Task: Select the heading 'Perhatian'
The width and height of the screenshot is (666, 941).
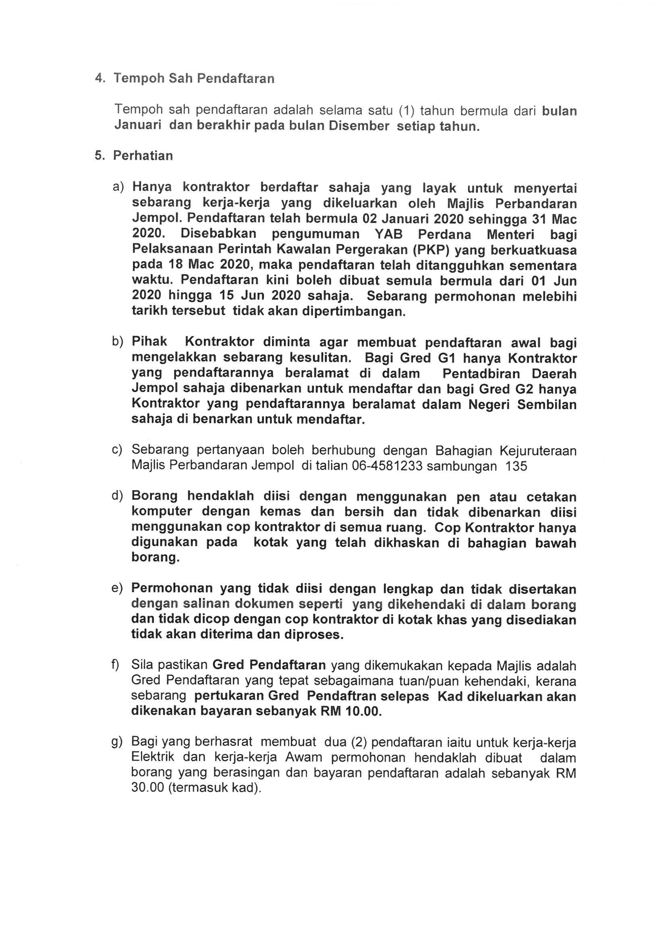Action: [x=143, y=156]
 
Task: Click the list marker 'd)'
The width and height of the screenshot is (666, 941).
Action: [x=117, y=496]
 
